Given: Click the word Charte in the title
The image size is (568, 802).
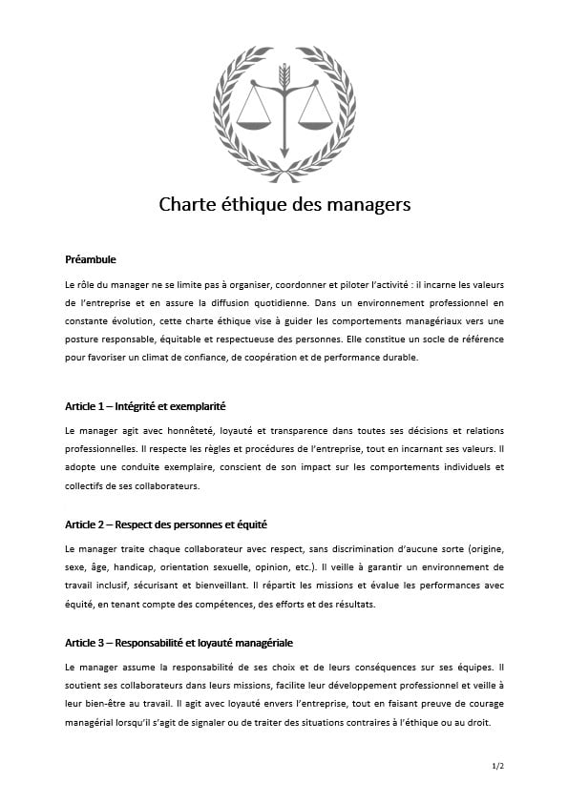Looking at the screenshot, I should pos(188,205).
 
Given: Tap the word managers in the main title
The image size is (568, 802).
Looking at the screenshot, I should pos(368,205).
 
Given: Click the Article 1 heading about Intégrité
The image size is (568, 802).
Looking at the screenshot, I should pos(145,405).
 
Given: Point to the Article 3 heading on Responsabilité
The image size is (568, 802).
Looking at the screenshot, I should pos(185,643).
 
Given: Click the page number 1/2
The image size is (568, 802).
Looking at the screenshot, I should pos(497,766).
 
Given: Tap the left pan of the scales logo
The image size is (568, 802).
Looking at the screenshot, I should pos(254,121).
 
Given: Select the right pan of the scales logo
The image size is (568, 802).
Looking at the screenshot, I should pos(315,121).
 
